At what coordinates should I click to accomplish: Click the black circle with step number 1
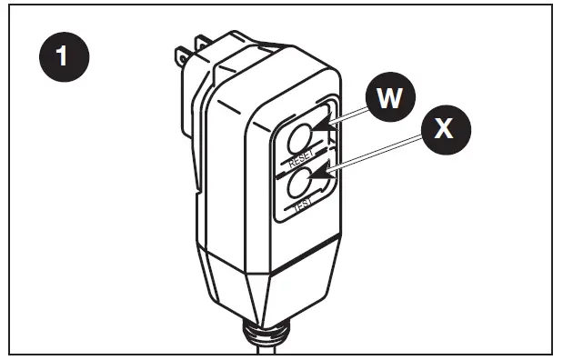61,55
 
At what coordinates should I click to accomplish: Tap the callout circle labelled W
390,97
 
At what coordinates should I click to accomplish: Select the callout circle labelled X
443,128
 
